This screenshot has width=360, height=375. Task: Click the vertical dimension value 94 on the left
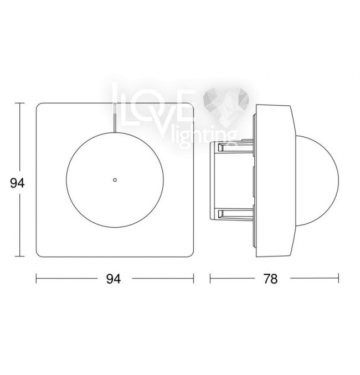(x=17, y=183)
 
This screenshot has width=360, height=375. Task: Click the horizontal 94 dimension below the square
(x=114, y=279)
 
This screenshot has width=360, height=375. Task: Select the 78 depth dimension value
(x=270, y=279)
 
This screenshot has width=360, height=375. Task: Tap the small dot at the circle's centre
(x=115, y=180)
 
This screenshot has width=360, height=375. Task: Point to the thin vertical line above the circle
(x=115, y=117)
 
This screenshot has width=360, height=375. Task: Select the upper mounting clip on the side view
(x=232, y=147)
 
